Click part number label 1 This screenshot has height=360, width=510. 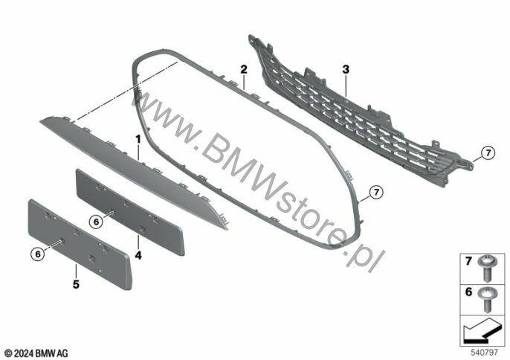[138, 139]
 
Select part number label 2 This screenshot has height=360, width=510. [243, 68]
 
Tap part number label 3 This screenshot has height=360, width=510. [346, 68]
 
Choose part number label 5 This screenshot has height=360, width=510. [75, 283]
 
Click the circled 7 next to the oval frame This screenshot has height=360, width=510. [376, 193]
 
